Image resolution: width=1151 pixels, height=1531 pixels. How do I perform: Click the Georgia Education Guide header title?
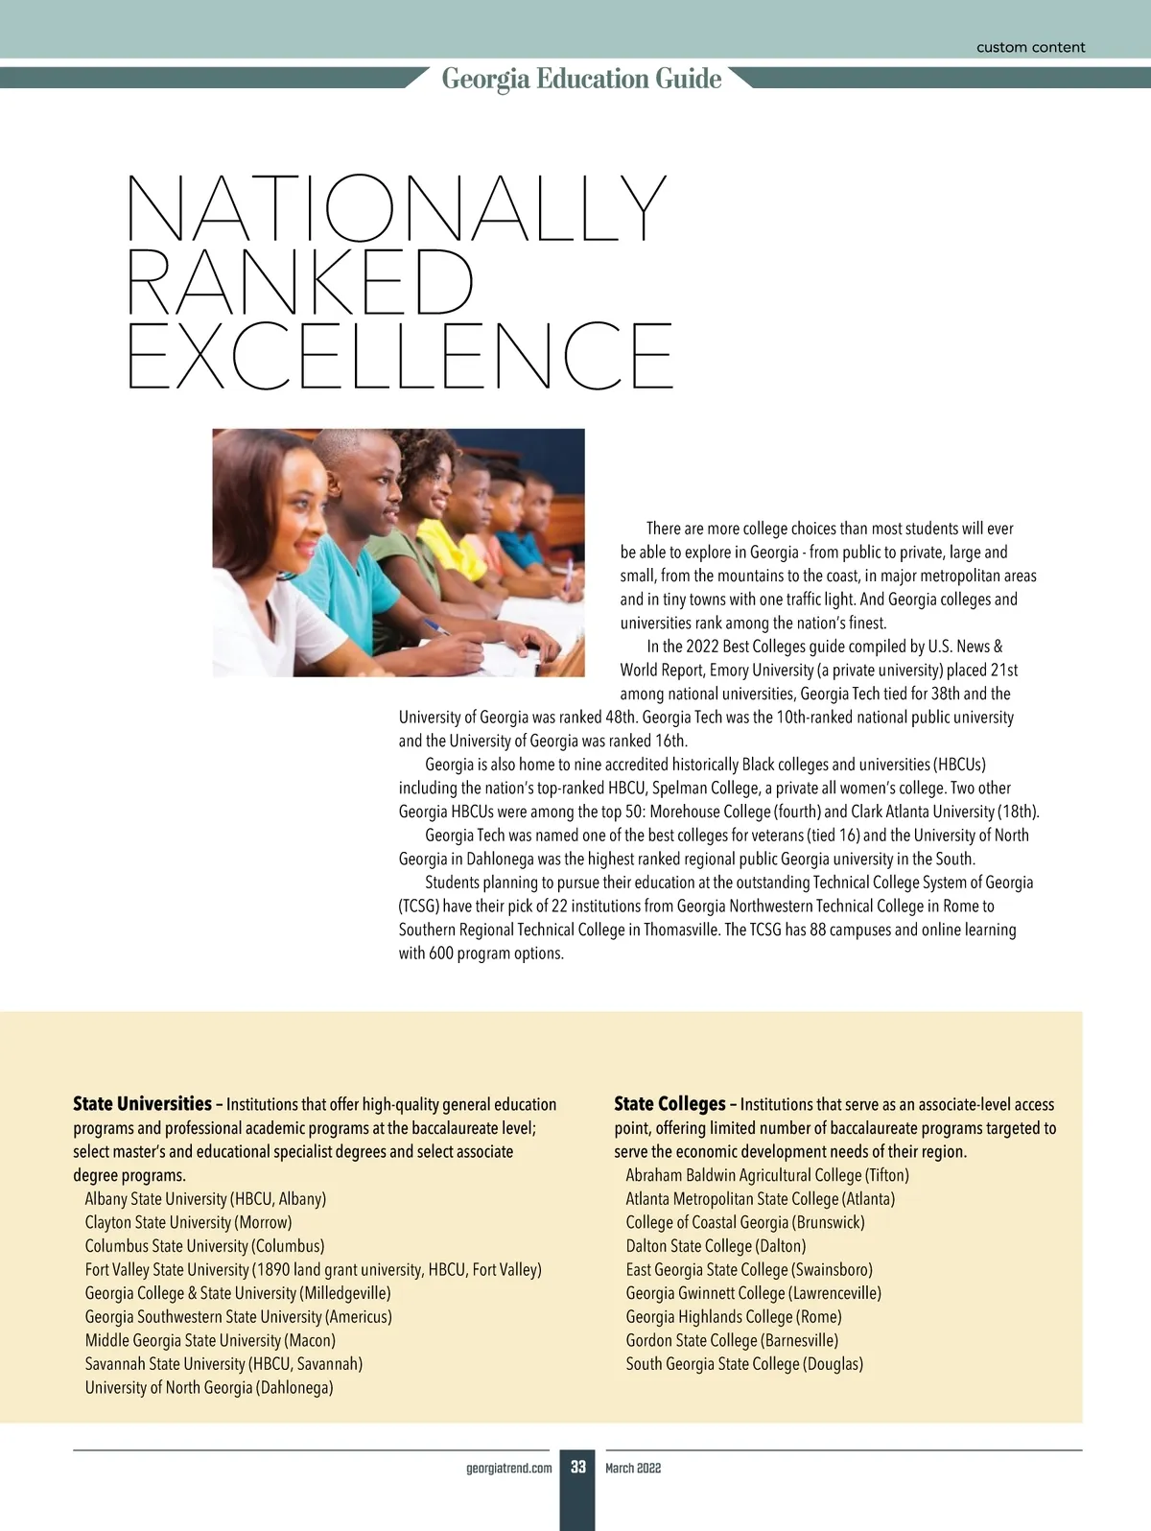click(x=581, y=79)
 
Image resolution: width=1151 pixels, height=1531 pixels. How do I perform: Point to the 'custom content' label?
click(x=1030, y=47)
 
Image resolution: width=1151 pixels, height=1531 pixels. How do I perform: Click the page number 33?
click(x=577, y=1468)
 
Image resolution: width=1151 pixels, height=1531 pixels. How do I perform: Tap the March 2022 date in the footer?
click(x=633, y=1469)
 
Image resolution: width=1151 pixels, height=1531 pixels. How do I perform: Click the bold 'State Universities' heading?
click(x=142, y=1103)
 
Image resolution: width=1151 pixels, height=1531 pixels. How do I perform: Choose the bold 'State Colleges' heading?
click(x=669, y=1103)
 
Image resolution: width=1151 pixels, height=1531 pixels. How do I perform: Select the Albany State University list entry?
click(x=205, y=1198)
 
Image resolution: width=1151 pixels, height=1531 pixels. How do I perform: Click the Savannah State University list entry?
click(x=223, y=1363)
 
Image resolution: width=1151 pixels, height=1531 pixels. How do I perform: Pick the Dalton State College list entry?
click(x=716, y=1246)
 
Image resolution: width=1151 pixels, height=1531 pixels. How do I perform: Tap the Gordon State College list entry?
click(x=732, y=1340)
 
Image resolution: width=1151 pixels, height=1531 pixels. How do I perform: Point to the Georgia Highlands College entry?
click(x=733, y=1317)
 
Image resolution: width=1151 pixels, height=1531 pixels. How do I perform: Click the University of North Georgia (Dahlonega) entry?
click(x=209, y=1387)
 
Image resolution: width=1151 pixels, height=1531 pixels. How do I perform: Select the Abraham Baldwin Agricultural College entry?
click(x=767, y=1175)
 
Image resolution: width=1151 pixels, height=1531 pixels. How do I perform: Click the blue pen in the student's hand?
click(x=437, y=626)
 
